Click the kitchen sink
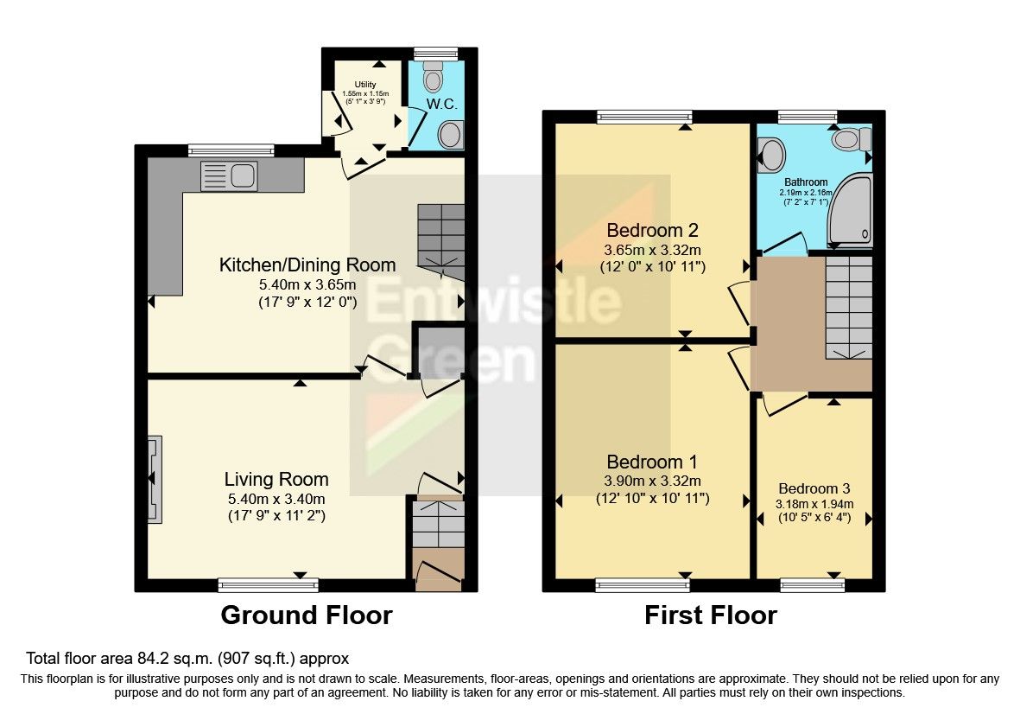[x=228, y=175]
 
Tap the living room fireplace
[x=155, y=479]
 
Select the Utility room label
[x=365, y=84]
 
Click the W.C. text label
[x=441, y=104]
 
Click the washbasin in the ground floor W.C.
[x=450, y=135]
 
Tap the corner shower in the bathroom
[x=850, y=211]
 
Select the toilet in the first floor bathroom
[x=852, y=138]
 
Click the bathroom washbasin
[x=771, y=156]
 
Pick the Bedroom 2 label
[x=652, y=230]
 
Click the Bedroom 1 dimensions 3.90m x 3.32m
[x=652, y=481]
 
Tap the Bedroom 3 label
[x=814, y=488]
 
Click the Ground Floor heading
[x=307, y=615]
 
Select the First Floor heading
[x=710, y=615]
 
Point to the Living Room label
[x=276, y=480]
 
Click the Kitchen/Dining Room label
[x=307, y=265]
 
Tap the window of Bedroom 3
[x=813, y=586]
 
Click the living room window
[x=268, y=585]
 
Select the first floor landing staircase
[x=849, y=307]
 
